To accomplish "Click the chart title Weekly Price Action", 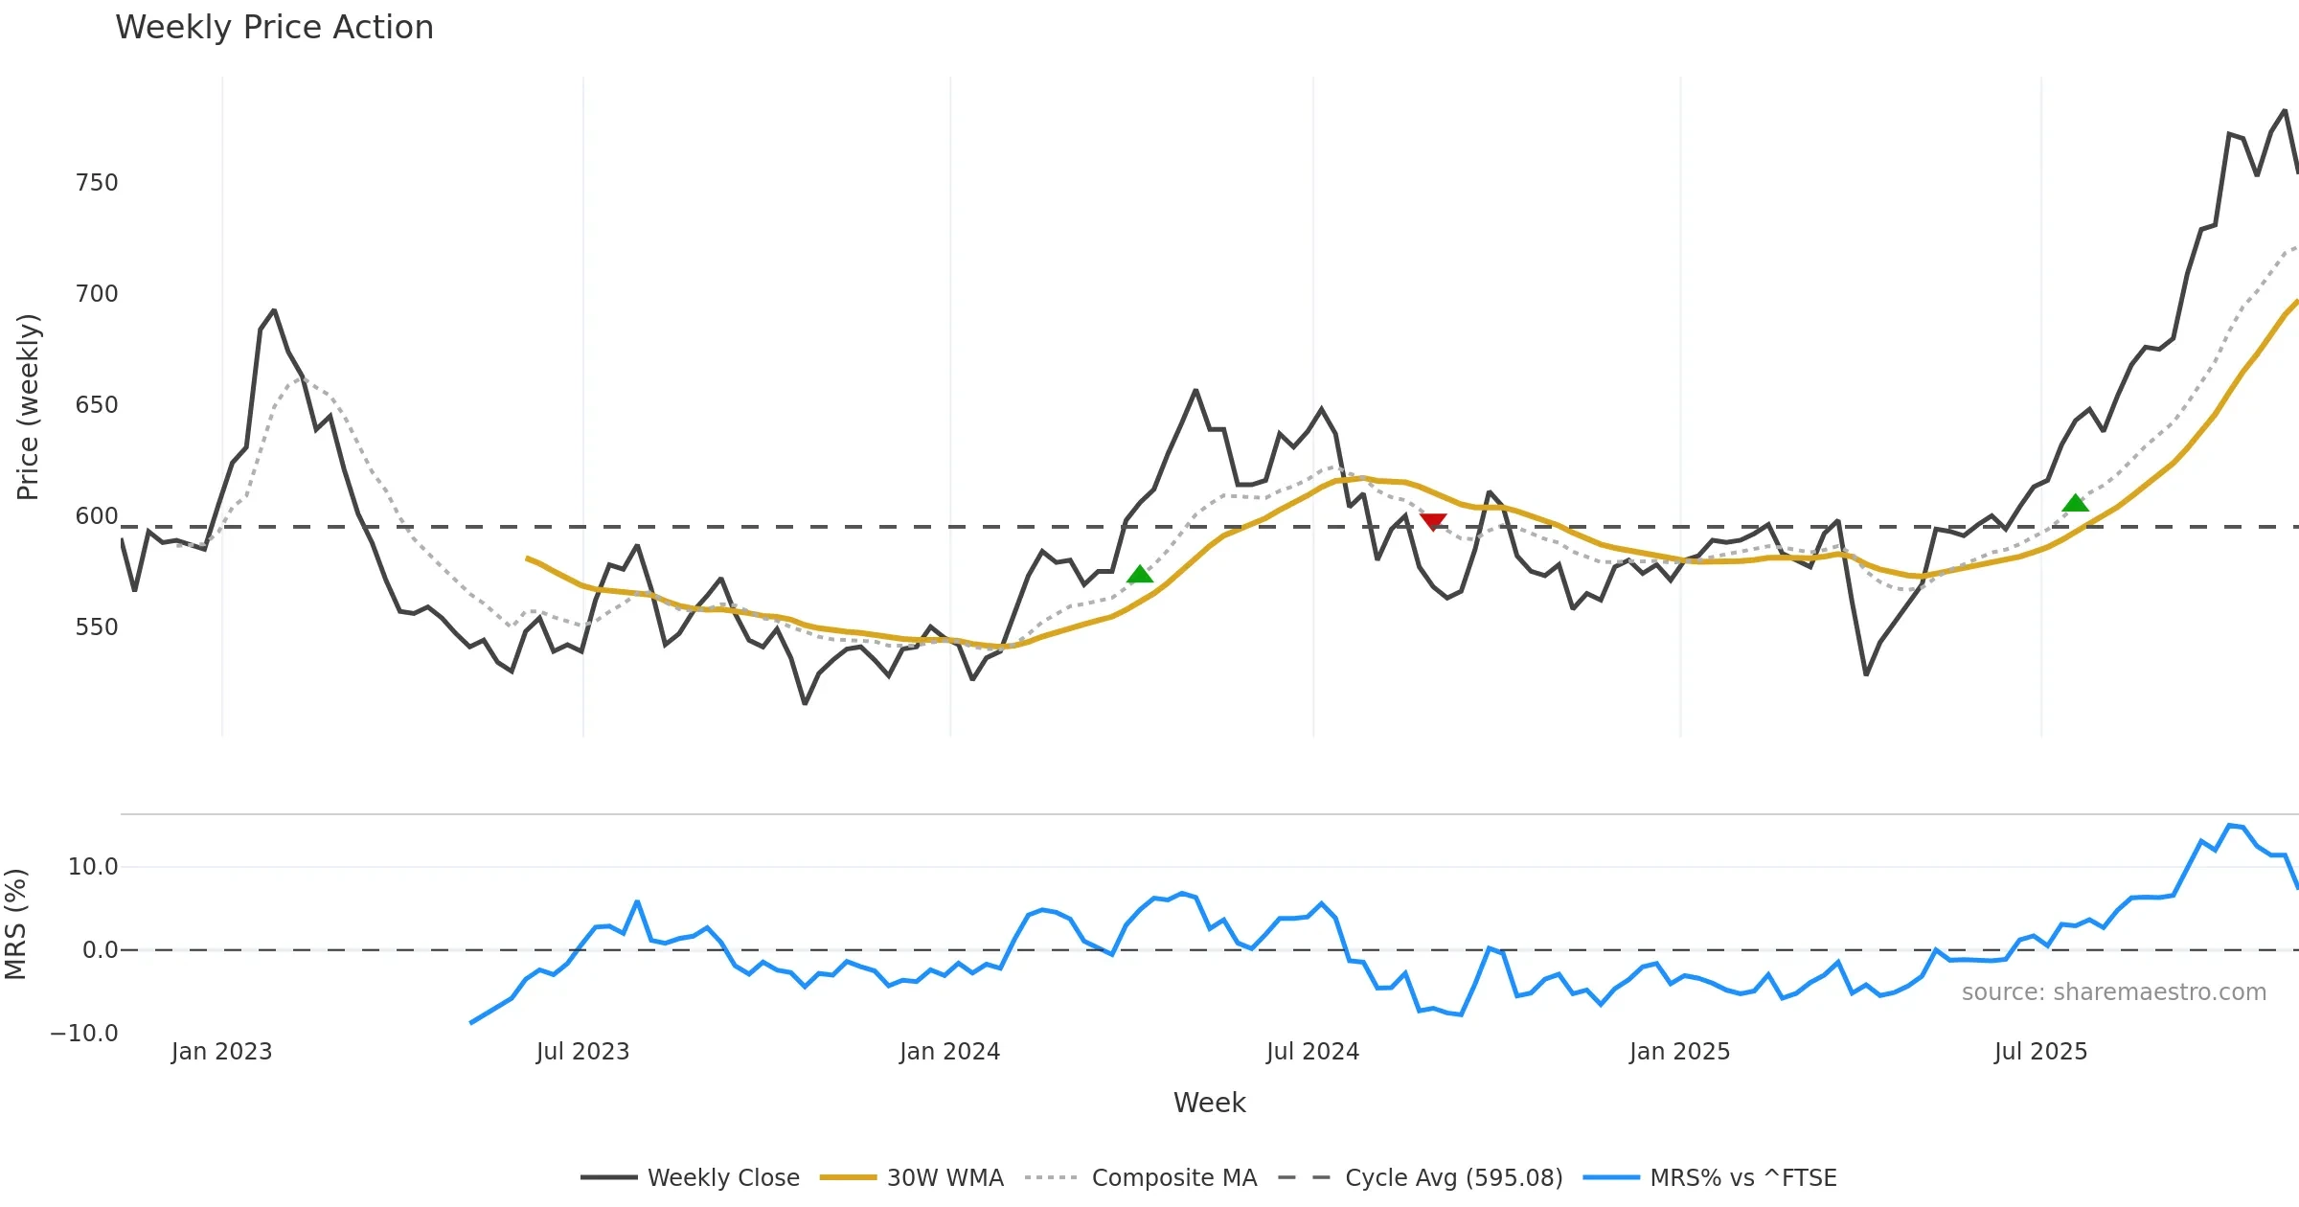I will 274,28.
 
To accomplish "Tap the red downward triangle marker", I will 1433,521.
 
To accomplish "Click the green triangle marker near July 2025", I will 2075,504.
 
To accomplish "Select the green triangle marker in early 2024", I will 1139,575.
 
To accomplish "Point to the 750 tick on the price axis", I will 97,183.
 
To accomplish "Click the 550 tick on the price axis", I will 97,627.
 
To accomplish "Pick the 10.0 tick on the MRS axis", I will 93,867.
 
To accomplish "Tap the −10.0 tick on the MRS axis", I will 85,1034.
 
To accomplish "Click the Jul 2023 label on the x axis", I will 582,1052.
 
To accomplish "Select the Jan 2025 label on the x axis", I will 1679,1052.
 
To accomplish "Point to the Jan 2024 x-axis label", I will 949,1052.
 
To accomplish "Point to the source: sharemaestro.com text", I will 2113,992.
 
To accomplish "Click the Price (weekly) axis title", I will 28,407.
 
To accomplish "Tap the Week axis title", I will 1209,1104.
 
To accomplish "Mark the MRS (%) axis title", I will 15,924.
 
